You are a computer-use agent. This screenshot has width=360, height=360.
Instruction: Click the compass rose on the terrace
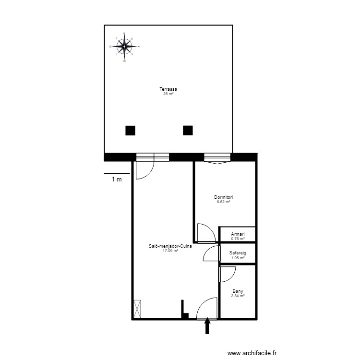(x=124, y=47)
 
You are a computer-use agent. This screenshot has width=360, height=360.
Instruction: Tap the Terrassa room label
(x=168, y=89)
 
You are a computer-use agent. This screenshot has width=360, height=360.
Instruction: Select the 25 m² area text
(x=168, y=94)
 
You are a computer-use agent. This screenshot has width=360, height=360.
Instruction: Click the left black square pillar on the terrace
(x=130, y=130)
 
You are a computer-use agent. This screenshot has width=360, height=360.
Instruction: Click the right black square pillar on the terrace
(x=188, y=130)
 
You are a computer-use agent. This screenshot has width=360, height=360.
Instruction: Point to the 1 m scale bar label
(x=117, y=180)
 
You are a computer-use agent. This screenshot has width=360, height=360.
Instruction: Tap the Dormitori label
(x=224, y=197)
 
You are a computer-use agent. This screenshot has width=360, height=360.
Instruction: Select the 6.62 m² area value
(x=224, y=202)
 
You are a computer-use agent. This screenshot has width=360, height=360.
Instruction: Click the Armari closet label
(x=237, y=234)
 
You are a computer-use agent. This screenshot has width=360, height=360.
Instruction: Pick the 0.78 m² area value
(x=237, y=239)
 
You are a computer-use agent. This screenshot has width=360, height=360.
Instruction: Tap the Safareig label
(x=237, y=253)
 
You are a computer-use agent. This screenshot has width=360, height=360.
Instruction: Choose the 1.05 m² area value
(x=237, y=258)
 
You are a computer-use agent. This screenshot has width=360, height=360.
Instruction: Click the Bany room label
(x=237, y=291)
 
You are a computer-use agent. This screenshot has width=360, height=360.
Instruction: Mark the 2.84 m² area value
(x=237, y=296)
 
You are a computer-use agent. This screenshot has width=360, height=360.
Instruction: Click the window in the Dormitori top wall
(x=217, y=157)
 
